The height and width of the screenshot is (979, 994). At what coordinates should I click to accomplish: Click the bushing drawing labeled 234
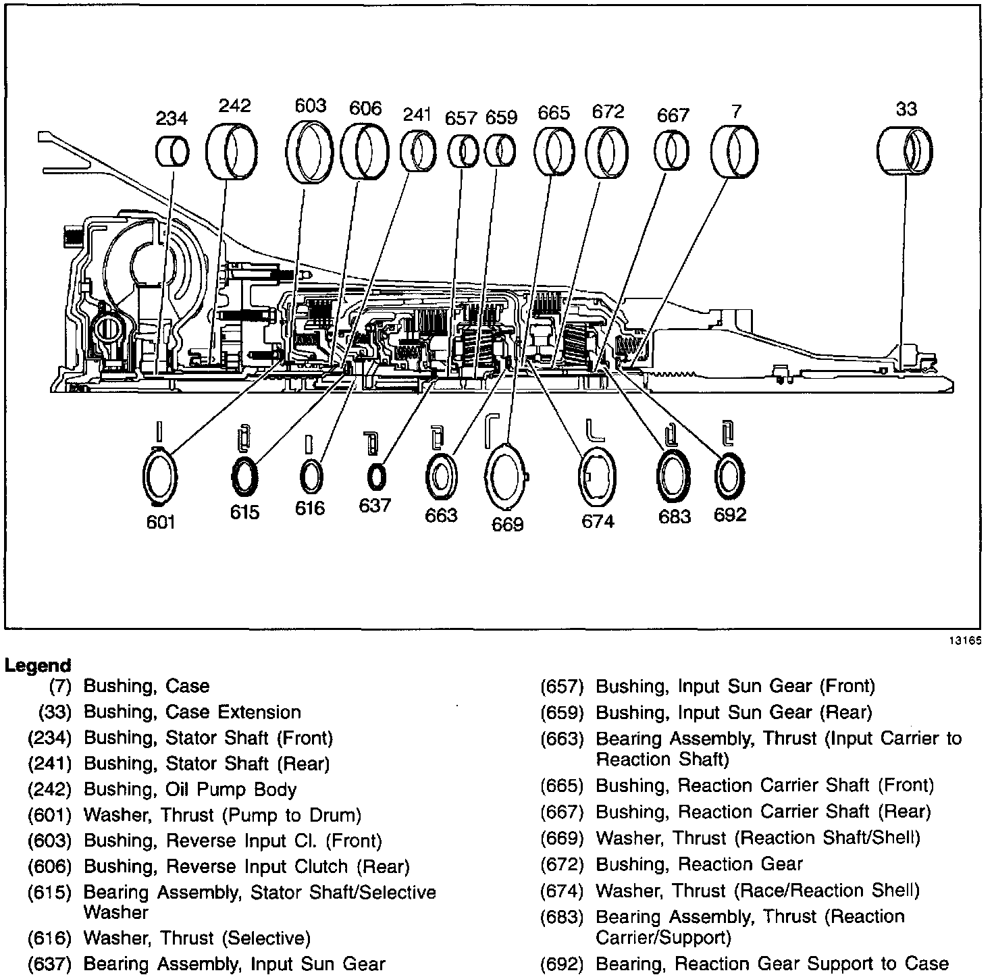click(x=172, y=151)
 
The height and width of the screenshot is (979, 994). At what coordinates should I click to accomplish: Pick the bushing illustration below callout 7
click(x=735, y=151)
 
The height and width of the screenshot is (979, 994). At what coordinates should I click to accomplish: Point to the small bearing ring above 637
click(x=376, y=477)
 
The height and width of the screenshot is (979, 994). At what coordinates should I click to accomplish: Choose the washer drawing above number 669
click(x=507, y=477)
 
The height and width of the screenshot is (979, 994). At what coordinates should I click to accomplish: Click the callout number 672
click(x=608, y=111)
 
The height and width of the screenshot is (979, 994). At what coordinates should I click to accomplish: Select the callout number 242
click(x=234, y=105)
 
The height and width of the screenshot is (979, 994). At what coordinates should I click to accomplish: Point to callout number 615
click(x=244, y=512)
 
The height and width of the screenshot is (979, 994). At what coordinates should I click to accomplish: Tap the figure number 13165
click(x=966, y=641)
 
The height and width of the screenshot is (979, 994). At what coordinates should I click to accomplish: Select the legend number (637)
click(x=49, y=964)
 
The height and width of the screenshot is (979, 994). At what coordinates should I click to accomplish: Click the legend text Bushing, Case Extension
click(x=192, y=712)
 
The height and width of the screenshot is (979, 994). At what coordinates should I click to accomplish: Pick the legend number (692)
click(x=561, y=964)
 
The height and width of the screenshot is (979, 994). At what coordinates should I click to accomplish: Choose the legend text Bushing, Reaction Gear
click(x=699, y=864)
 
